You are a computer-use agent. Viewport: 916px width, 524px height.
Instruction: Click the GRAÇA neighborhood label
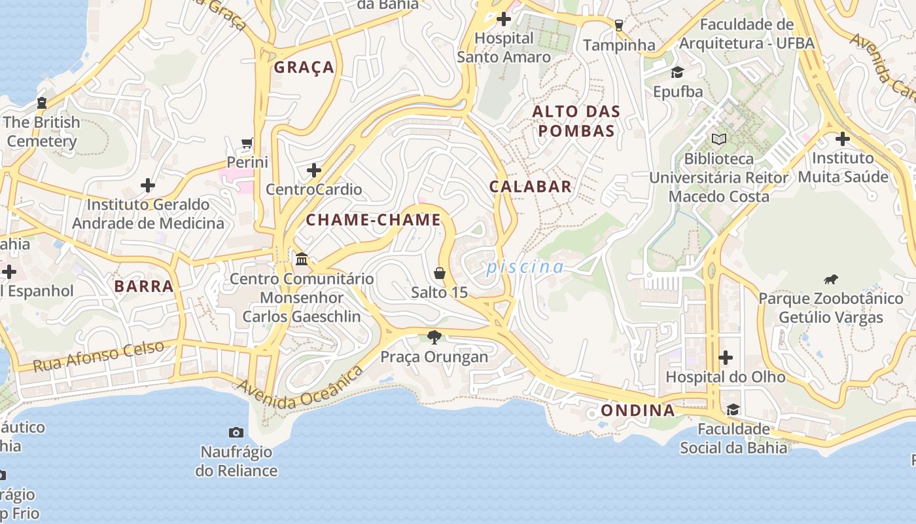304,67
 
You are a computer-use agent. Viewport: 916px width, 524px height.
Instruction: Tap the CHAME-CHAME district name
374,220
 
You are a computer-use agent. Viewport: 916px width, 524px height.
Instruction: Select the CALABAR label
531,187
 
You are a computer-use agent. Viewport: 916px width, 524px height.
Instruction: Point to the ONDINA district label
637,411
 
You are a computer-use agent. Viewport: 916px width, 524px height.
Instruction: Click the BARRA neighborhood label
144,286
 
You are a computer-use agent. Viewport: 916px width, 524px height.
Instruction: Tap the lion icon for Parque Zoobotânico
831,280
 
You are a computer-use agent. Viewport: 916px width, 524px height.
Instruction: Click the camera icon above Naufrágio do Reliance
236,432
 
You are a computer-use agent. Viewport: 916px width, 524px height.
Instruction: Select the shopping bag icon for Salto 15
440,272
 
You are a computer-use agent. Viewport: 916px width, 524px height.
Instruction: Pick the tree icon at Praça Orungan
434,337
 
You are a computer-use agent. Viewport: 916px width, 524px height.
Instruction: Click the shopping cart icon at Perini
247,143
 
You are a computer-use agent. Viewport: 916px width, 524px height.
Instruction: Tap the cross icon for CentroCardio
314,170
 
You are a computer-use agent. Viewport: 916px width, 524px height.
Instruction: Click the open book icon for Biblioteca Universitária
719,139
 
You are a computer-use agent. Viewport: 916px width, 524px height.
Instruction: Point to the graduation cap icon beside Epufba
677,72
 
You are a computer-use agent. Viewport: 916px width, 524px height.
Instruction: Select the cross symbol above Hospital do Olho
725,358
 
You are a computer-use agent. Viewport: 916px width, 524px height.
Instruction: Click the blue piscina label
524,267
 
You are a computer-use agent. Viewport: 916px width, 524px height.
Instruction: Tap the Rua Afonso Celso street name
98,356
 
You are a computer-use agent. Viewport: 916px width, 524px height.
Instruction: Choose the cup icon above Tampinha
618,26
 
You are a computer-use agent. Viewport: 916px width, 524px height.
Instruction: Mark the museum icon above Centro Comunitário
302,259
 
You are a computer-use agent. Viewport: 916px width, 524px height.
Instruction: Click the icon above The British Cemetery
42,103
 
